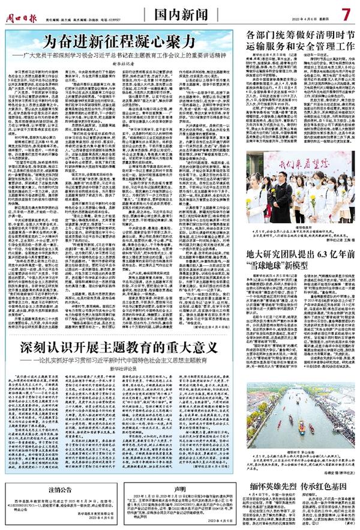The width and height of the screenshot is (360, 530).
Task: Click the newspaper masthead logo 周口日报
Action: (x=23, y=11)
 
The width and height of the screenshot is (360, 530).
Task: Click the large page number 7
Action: (x=346, y=13)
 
